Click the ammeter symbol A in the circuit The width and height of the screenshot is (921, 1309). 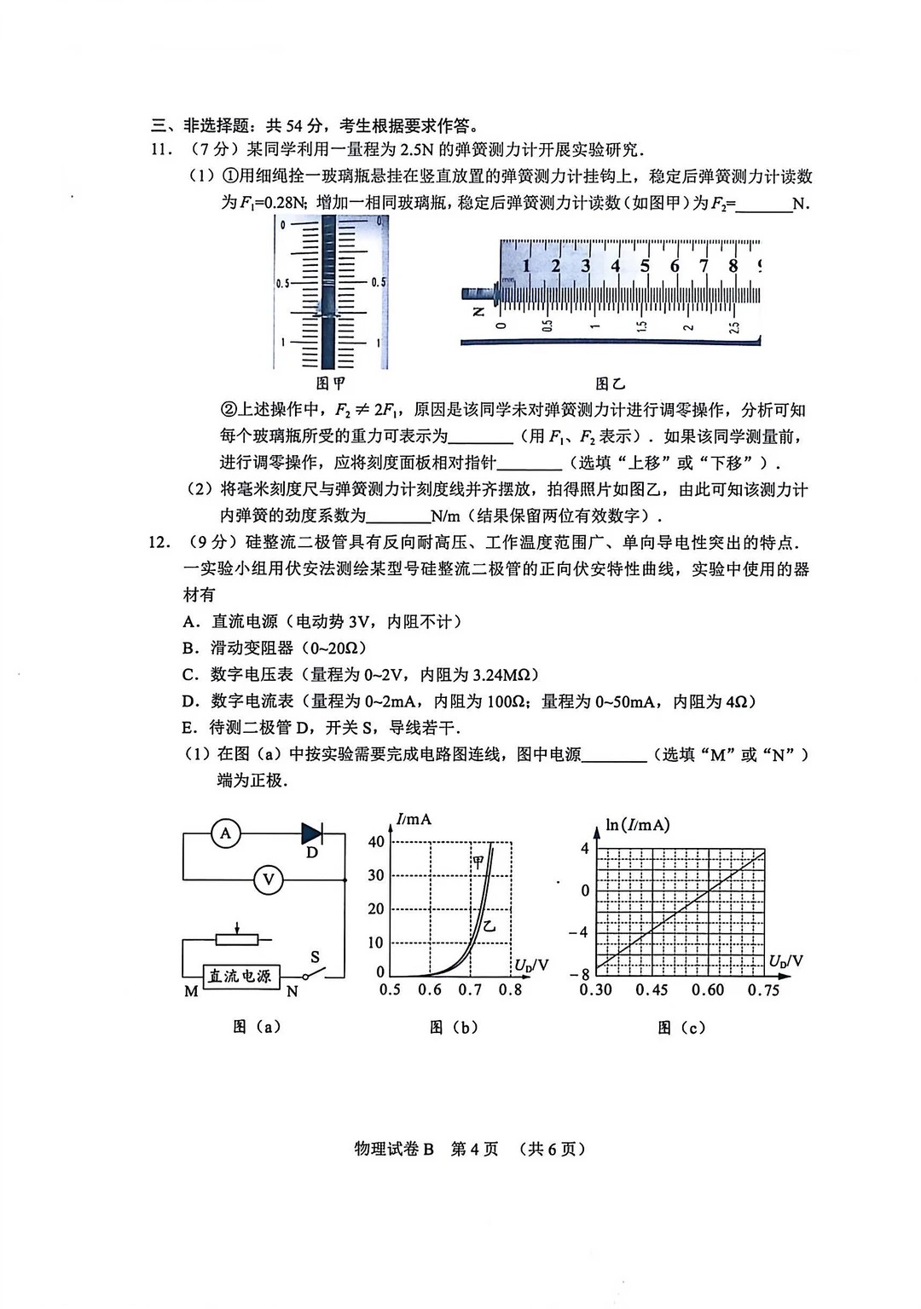click(x=226, y=833)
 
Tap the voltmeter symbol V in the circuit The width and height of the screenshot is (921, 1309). click(x=269, y=879)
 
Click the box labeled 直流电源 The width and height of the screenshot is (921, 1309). click(x=240, y=976)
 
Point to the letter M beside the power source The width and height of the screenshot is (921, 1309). click(x=191, y=992)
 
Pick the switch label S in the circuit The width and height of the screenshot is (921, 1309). click(x=315, y=957)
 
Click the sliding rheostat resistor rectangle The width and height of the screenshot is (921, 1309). click(x=236, y=939)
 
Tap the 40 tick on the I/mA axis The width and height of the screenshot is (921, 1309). click(x=376, y=842)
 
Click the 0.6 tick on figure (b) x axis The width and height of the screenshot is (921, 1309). click(x=430, y=990)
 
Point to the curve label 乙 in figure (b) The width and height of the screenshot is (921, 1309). click(x=489, y=926)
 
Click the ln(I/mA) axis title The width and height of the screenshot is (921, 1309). click(x=637, y=825)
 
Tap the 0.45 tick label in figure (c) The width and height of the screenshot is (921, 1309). click(x=652, y=990)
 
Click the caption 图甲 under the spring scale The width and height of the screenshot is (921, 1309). click(x=331, y=384)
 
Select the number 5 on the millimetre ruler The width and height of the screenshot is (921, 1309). click(x=645, y=266)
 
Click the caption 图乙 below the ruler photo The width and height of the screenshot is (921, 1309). click(x=610, y=384)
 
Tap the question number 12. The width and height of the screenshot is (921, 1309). click(x=160, y=543)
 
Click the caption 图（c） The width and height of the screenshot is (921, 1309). click(x=681, y=1028)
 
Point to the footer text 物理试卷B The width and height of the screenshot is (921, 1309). click(x=394, y=1149)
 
